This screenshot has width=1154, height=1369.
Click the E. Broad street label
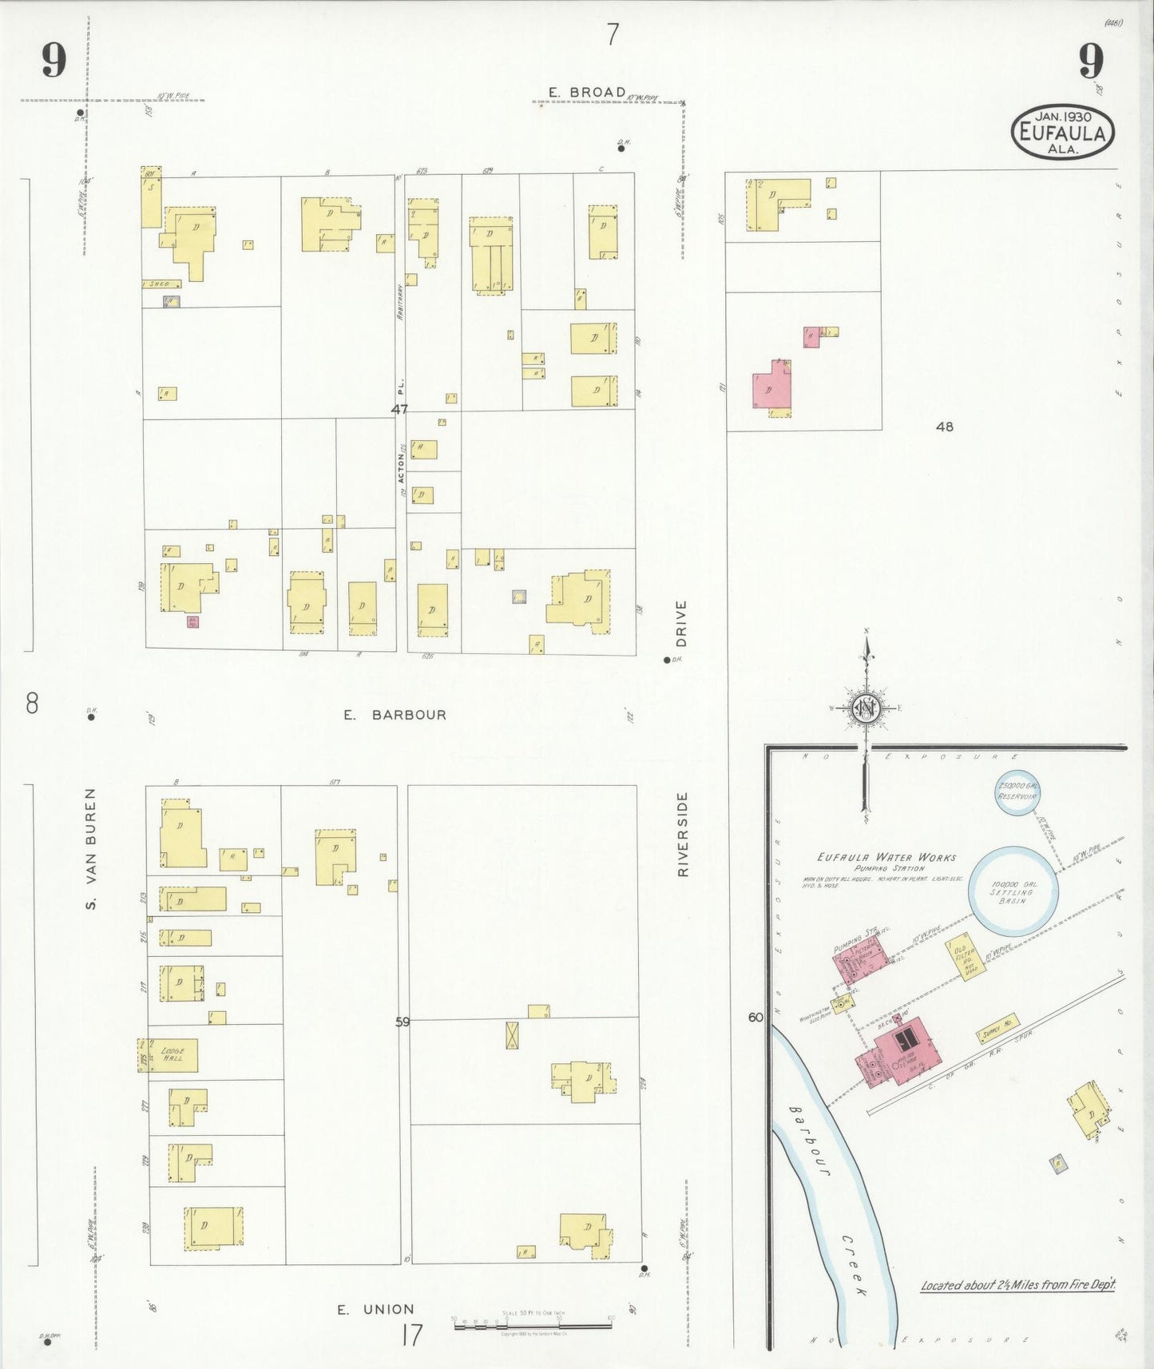pyautogui.click(x=587, y=93)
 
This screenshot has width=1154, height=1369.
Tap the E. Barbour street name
pyautogui.click(x=395, y=715)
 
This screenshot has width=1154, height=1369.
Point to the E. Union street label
pyautogui.click(x=375, y=1309)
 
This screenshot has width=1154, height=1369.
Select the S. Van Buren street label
pyautogui.click(x=91, y=848)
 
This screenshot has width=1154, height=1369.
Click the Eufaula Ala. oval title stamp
pyautogui.click(x=1062, y=133)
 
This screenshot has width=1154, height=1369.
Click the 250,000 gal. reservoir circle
pyautogui.click(x=1017, y=792)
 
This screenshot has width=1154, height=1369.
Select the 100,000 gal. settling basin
pyautogui.click(x=1013, y=891)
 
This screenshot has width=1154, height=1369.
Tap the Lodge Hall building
pyautogui.click(x=173, y=1054)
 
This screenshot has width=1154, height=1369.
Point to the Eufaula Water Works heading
pyautogui.click(x=886, y=858)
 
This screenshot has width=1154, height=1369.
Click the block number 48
pyautogui.click(x=944, y=427)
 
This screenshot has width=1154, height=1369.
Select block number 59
pyautogui.click(x=402, y=1021)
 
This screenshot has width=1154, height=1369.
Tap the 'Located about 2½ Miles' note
pyautogui.click(x=1017, y=1285)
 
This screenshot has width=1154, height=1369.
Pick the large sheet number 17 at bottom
pyautogui.click(x=411, y=1335)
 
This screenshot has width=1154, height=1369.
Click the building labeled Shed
pyautogui.click(x=161, y=284)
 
